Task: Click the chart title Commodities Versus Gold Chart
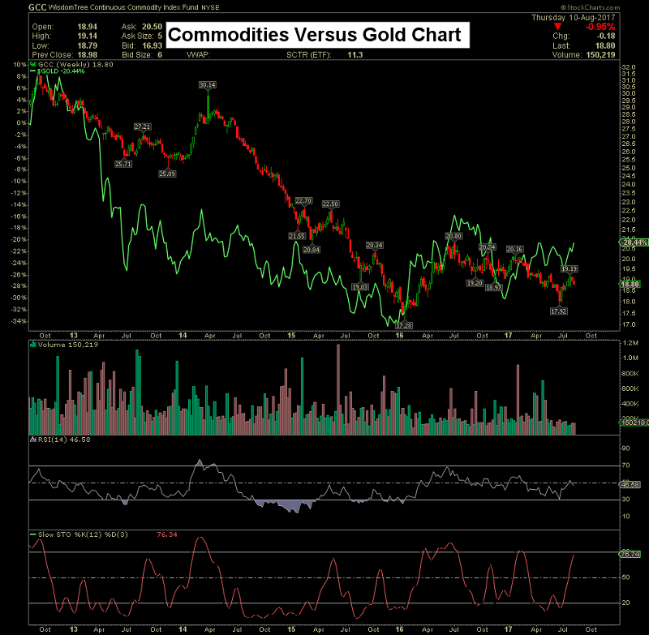click(x=316, y=35)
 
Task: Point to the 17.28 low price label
click(x=403, y=324)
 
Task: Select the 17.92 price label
click(x=558, y=311)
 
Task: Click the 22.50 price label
click(x=330, y=204)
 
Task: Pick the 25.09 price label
click(x=167, y=174)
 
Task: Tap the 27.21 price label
click(x=143, y=127)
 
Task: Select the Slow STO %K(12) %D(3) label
click(x=84, y=534)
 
